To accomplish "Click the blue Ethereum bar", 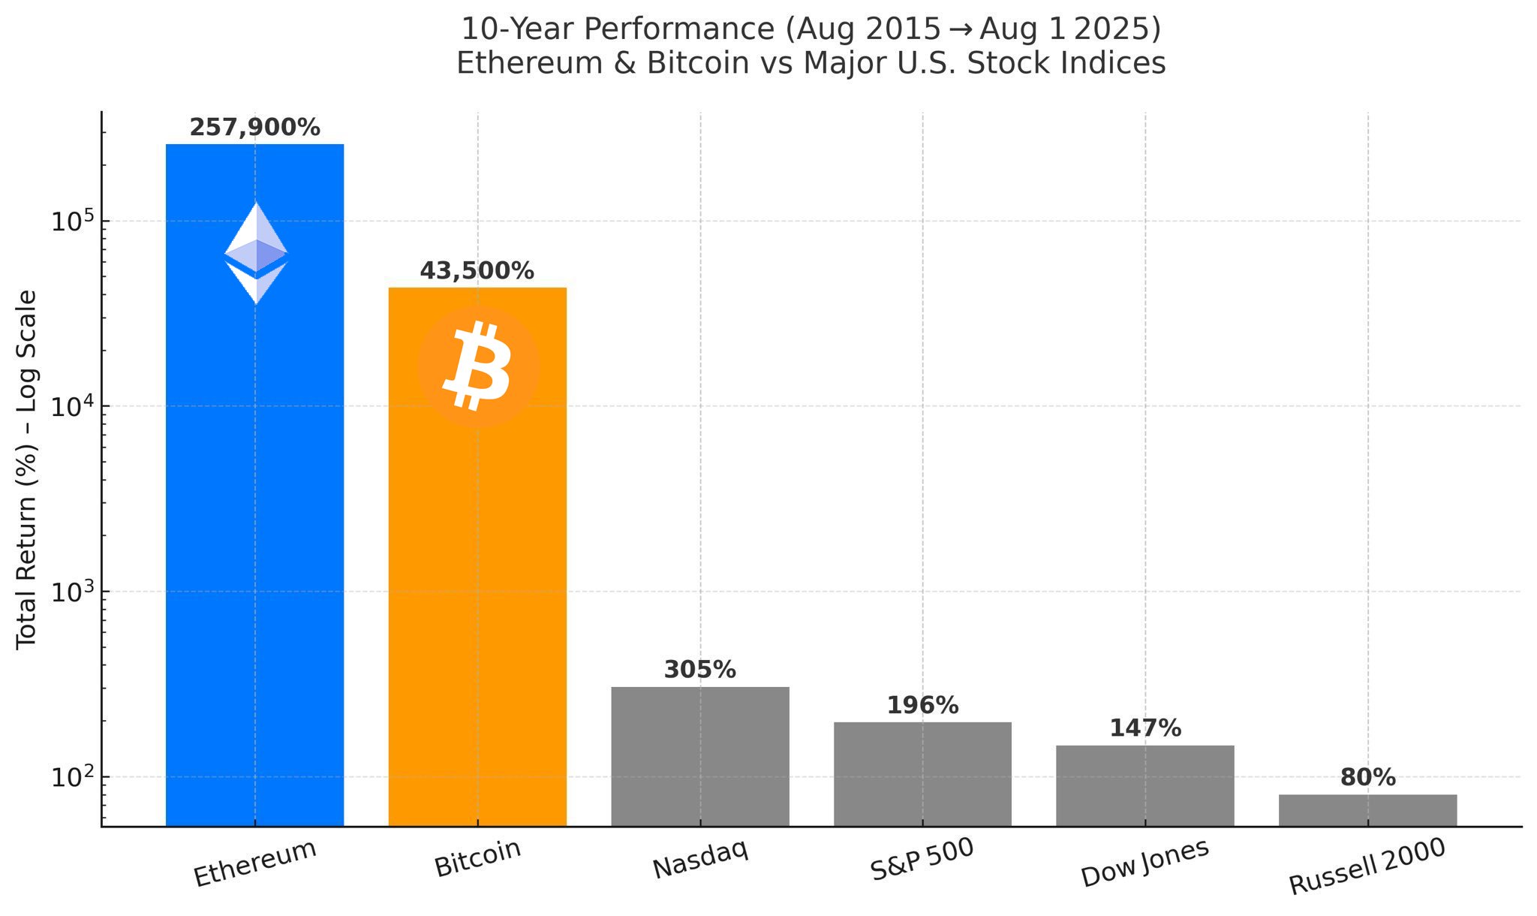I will click(x=254, y=526).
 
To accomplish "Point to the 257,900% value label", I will click(x=254, y=128).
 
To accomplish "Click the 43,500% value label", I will click(x=477, y=271).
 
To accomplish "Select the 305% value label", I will click(x=699, y=670).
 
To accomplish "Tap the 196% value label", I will click(x=922, y=706).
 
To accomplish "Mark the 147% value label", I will click(x=1144, y=728).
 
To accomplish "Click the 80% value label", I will click(x=1367, y=778).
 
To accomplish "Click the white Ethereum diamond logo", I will click(x=256, y=253).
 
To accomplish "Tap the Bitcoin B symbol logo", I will click(x=478, y=366).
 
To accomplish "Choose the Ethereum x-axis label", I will click(x=255, y=863).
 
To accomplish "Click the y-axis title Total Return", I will click(x=27, y=469).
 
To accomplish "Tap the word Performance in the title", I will click(x=678, y=29).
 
